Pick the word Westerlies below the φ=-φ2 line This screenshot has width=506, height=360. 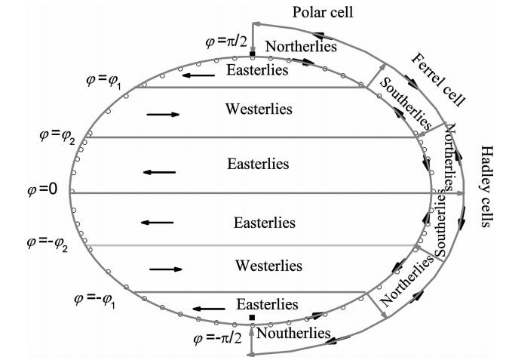(268, 266)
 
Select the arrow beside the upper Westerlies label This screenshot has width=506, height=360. (164, 114)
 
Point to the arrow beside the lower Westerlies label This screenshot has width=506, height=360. (166, 268)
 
